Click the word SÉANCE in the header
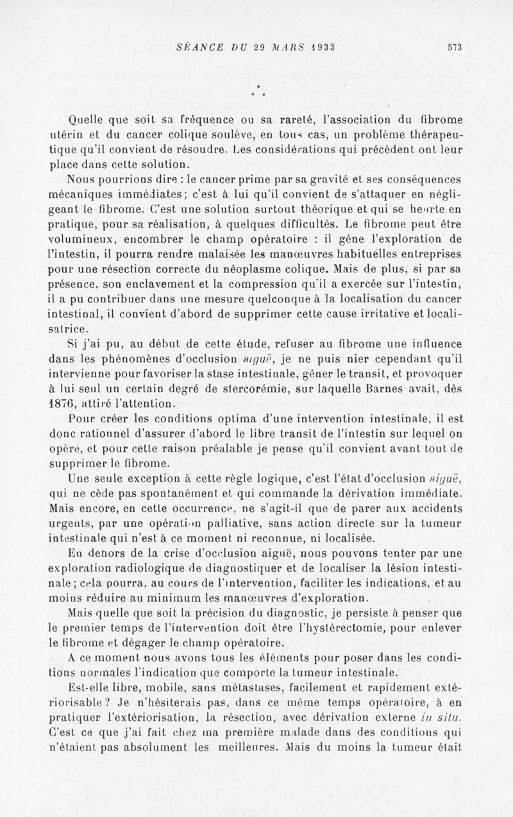coord(199,47)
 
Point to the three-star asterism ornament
coord(256,92)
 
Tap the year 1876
coord(63,404)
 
